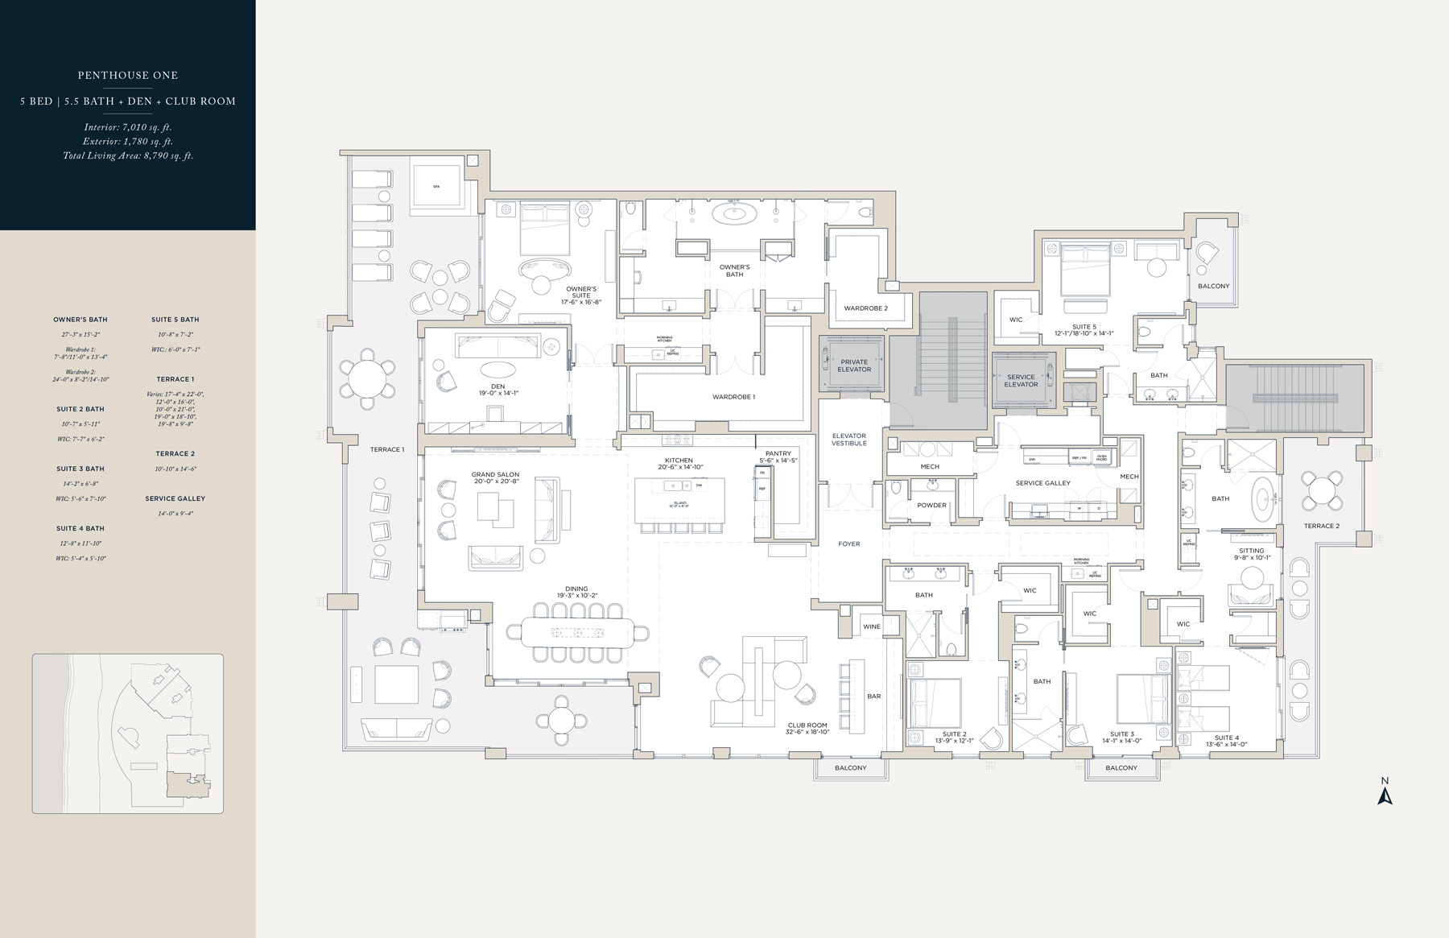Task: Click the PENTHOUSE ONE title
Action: coord(127,75)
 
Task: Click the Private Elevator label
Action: coord(853,366)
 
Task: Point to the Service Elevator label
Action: coord(1021,381)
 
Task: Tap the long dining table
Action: coord(576,631)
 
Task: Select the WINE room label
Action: coord(871,626)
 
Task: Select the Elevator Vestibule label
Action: coord(848,440)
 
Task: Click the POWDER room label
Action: coord(931,506)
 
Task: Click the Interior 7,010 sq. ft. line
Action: coord(127,127)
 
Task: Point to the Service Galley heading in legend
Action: coord(175,498)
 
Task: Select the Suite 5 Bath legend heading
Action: coord(175,320)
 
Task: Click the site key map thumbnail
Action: coord(127,733)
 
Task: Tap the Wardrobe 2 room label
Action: coord(865,308)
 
